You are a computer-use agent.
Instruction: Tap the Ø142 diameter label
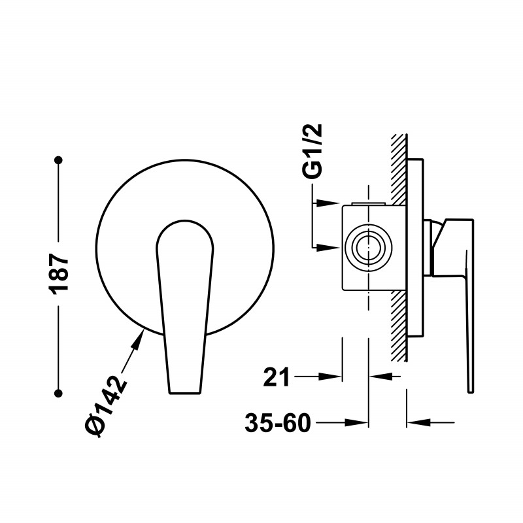[x=106, y=406]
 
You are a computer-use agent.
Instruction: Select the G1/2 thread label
[x=312, y=151]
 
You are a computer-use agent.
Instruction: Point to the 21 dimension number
[x=277, y=377]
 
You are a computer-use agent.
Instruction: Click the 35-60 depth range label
[x=278, y=422]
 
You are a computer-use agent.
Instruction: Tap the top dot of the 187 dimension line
[x=59, y=160]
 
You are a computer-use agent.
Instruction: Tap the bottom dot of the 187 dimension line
[x=59, y=394]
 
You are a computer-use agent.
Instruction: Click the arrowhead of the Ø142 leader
[x=139, y=337]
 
